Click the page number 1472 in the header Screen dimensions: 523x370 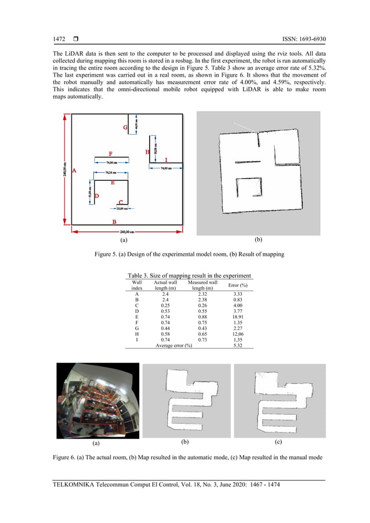(x=59, y=40)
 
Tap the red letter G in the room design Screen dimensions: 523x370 (x=125, y=128)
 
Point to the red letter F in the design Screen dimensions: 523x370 (x=110, y=154)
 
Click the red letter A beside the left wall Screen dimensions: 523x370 (x=74, y=170)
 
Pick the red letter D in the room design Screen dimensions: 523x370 (x=97, y=196)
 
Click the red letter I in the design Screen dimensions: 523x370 (x=166, y=159)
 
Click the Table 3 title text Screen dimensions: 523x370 (x=189, y=275)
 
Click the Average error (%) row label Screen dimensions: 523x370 (x=173, y=346)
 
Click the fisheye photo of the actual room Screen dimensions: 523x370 (x=97, y=400)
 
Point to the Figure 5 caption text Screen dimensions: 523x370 (x=189, y=254)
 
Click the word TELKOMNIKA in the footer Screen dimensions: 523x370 (x=76, y=485)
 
